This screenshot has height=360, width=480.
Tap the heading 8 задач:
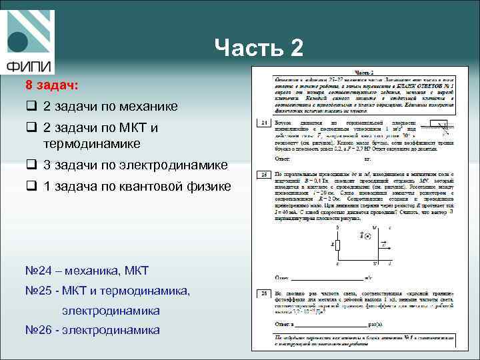click(51, 85)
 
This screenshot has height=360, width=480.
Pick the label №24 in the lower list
click(39, 270)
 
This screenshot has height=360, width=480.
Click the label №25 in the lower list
click(39, 290)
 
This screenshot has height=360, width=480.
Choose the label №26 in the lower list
click(39, 329)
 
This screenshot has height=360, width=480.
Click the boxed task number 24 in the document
click(264, 123)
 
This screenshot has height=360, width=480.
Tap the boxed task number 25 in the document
click(264, 173)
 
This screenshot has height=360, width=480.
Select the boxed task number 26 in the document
click(264, 293)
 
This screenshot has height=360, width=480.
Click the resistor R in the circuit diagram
click(337, 245)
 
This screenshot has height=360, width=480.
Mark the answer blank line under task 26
click(330, 325)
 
